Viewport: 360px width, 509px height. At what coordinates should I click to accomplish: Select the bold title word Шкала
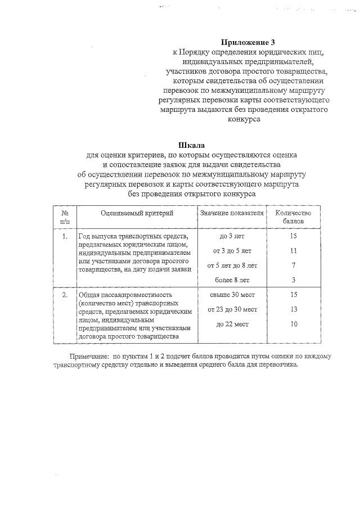(x=191, y=144)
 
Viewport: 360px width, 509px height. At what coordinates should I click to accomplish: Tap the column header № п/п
(x=65, y=218)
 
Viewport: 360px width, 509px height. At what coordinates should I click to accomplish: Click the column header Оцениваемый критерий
(x=137, y=214)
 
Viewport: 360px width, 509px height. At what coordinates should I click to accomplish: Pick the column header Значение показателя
(x=232, y=214)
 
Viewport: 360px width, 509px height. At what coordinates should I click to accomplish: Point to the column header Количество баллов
(x=293, y=218)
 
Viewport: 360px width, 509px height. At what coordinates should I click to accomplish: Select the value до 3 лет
(x=232, y=236)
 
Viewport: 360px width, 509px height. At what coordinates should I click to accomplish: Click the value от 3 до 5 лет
(x=232, y=250)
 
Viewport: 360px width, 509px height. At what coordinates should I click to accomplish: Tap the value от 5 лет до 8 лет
(x=232, y=265)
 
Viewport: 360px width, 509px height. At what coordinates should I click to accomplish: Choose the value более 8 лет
(x=232, y=280)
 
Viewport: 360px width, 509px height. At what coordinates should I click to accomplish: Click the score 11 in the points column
(x=293, y=250)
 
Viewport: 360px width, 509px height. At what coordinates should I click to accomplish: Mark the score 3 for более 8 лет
(x=293, y=280)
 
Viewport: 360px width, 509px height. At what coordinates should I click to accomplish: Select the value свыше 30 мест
(x=232, y=295)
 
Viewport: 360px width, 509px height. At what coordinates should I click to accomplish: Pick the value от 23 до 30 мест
(x=232, y=309)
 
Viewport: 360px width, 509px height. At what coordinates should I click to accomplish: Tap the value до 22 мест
(x=232, y=324)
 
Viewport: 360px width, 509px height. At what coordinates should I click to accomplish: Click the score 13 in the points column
(x=293, y=309)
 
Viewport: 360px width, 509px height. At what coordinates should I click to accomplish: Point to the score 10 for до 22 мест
(x=293, y=324)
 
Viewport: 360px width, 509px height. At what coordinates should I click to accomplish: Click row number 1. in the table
(x=65, y=236)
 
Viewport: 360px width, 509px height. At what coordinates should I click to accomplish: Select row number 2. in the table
(x=65, y=295)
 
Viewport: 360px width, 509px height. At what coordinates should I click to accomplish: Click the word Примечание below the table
(x=89, y=357)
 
